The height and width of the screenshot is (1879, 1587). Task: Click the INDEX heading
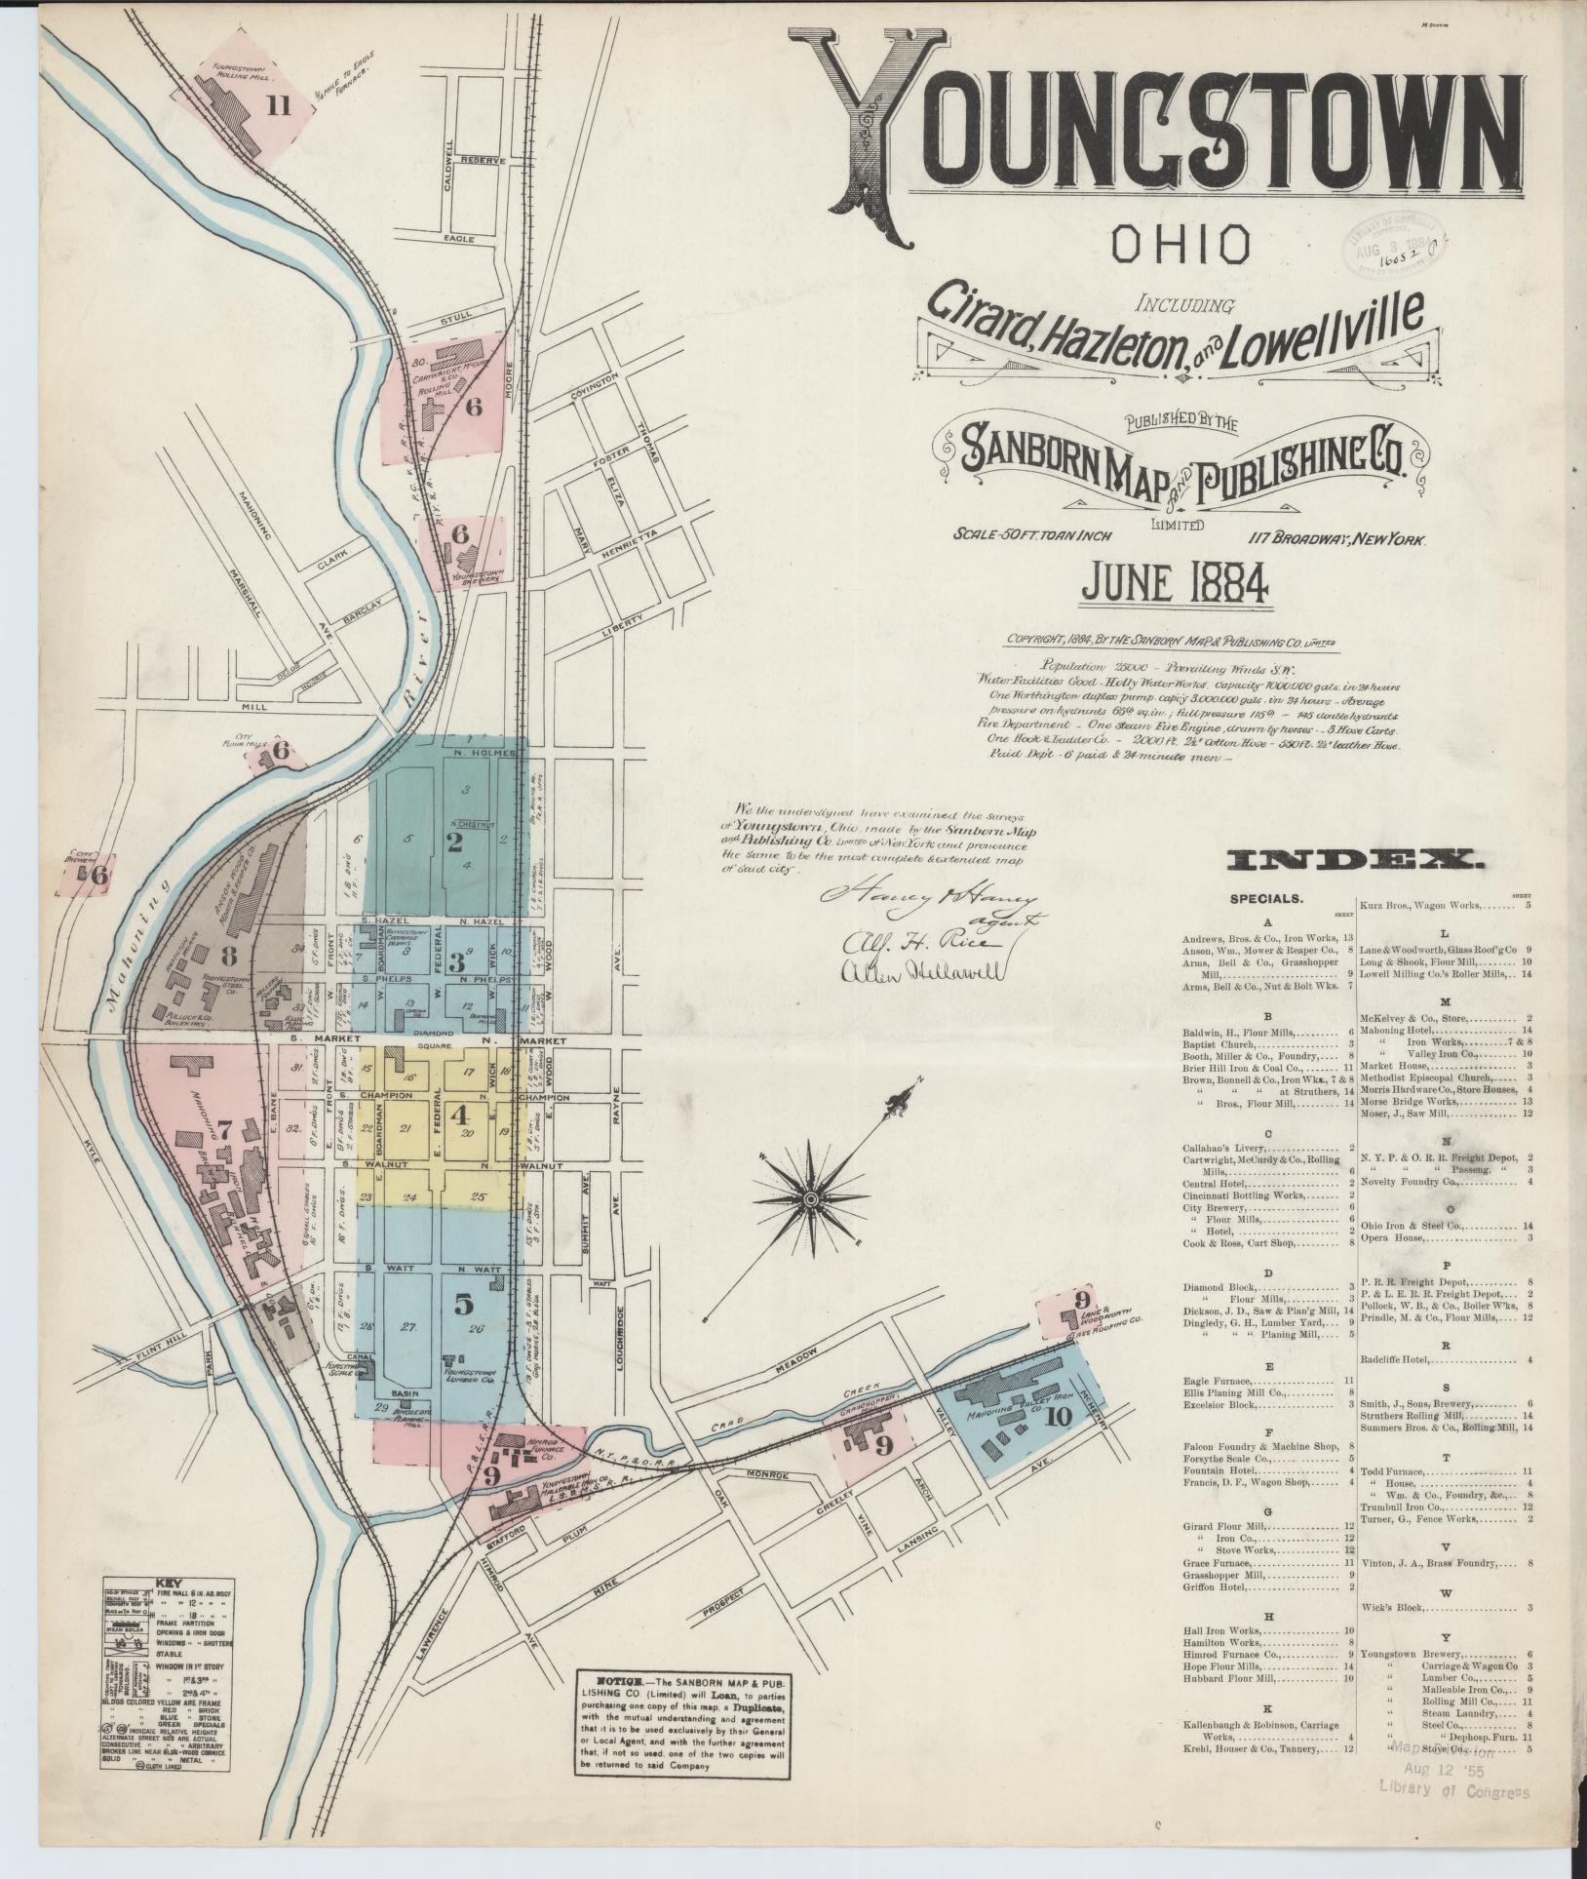point(1356,859)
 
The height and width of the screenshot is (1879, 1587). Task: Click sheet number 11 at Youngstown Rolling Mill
point(280,107)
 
